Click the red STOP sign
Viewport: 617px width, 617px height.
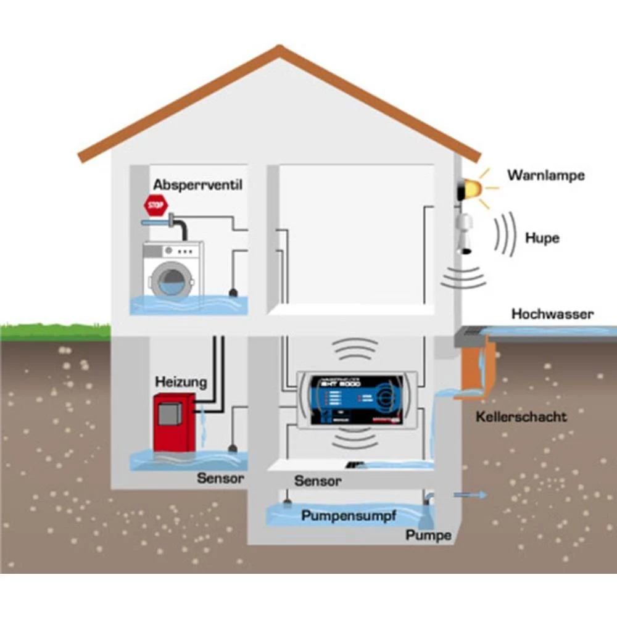coord(155,204)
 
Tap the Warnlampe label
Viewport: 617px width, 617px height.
coord(545,175)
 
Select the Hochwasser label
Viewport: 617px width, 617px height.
coord(552,314)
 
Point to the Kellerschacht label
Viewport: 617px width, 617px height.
coord(521,416)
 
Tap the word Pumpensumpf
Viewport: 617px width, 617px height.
coord(349,516)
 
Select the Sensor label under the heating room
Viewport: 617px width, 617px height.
coord(221,478)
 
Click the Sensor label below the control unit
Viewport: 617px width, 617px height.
coord(318,481)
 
